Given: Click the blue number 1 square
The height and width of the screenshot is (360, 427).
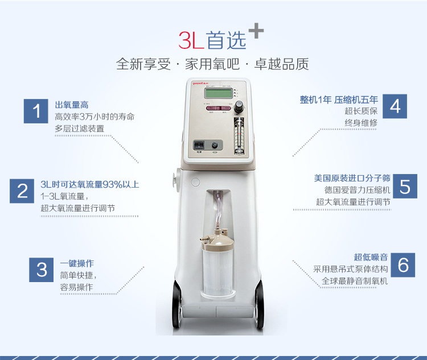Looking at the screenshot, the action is pos(36,111).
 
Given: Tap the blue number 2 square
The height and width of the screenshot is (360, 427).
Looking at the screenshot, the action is pos(22,191).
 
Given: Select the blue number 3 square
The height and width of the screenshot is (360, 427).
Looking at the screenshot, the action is pos(42,270).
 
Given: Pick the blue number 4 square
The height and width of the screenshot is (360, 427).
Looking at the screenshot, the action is pos(395,106).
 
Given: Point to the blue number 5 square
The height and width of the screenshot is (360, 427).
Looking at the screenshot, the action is pos(405,186).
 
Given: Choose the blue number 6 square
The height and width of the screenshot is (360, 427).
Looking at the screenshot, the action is pos(403,265).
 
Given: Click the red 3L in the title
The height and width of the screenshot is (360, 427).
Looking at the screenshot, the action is pos(191,40).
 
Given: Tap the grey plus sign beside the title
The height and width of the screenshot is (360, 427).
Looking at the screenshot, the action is pos(256,31).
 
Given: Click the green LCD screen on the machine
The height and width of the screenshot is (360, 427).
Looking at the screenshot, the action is pos(219,93).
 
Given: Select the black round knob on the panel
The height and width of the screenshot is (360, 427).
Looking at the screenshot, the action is pos(239,105).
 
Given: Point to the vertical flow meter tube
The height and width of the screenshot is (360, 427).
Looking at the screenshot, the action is pos(239,136).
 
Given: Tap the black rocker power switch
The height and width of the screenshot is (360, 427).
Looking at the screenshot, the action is pos(199,145).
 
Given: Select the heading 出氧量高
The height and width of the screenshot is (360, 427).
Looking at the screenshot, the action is pos(72,105).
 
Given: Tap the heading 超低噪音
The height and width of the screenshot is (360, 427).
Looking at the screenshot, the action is pos(371,257).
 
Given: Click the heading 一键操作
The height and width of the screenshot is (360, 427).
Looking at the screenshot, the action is pos(77,263).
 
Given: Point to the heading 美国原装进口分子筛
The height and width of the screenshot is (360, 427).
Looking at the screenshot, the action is pos(352,178).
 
